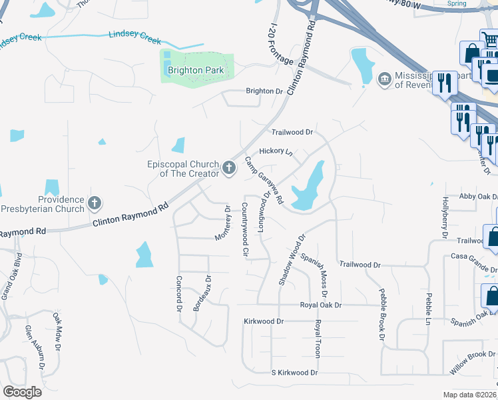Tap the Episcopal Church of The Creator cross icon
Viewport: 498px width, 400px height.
click(229, 168)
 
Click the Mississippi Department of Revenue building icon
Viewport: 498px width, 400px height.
click(384, 80)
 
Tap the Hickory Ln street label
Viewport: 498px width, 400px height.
click(276, 152)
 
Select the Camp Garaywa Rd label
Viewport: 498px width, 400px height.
click(264, 181)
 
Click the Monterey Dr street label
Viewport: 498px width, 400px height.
click(223, 223)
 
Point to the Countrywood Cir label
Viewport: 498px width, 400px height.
click(245, 230)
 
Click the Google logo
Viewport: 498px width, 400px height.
click(22, 392)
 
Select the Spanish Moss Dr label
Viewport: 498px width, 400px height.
click(314, 274)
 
